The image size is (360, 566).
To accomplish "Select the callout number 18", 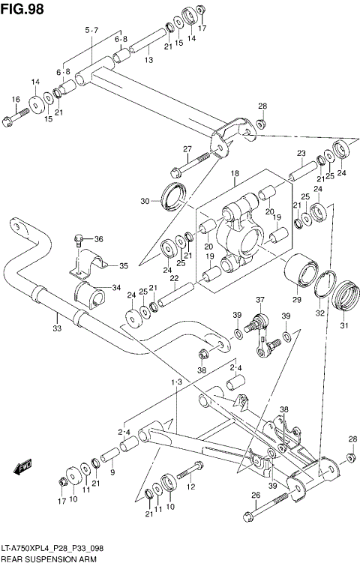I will [234, 174].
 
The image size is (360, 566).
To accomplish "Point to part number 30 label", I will [145, 201].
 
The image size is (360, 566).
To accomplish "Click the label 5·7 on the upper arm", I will [91, 29].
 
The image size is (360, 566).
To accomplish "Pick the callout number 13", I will [149, 60].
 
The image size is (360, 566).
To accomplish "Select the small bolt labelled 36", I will [77, 241].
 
